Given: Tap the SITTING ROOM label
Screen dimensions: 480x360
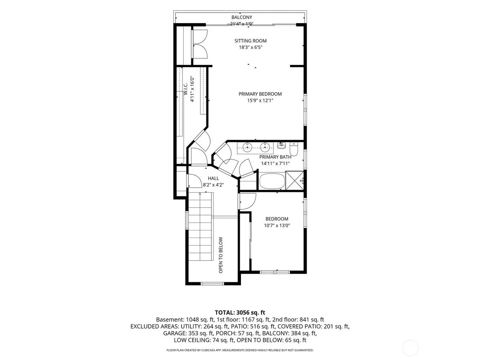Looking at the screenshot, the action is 250,41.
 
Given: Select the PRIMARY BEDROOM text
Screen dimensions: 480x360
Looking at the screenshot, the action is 260,94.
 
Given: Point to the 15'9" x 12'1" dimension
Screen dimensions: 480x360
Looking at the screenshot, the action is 260,100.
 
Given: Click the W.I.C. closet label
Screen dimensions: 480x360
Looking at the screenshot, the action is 186,89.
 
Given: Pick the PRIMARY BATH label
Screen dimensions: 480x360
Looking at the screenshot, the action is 275,157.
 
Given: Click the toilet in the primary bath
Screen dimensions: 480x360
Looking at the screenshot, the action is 293,149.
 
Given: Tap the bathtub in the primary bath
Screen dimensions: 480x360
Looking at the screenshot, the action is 272,181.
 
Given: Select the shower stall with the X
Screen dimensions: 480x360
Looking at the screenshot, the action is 295,181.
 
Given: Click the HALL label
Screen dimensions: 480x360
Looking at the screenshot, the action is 213,178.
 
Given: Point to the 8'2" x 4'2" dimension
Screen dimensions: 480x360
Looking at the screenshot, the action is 213,185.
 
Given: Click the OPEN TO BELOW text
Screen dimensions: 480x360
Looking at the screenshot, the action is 221,255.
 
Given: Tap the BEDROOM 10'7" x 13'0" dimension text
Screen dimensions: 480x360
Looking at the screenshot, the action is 277,226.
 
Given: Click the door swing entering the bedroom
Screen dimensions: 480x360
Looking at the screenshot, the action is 248,201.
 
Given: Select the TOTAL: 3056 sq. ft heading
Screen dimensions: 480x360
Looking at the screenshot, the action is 240,312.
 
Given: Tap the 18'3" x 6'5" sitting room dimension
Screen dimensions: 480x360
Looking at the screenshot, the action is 250,47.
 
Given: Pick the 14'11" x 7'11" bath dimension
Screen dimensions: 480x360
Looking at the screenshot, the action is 275,163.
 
